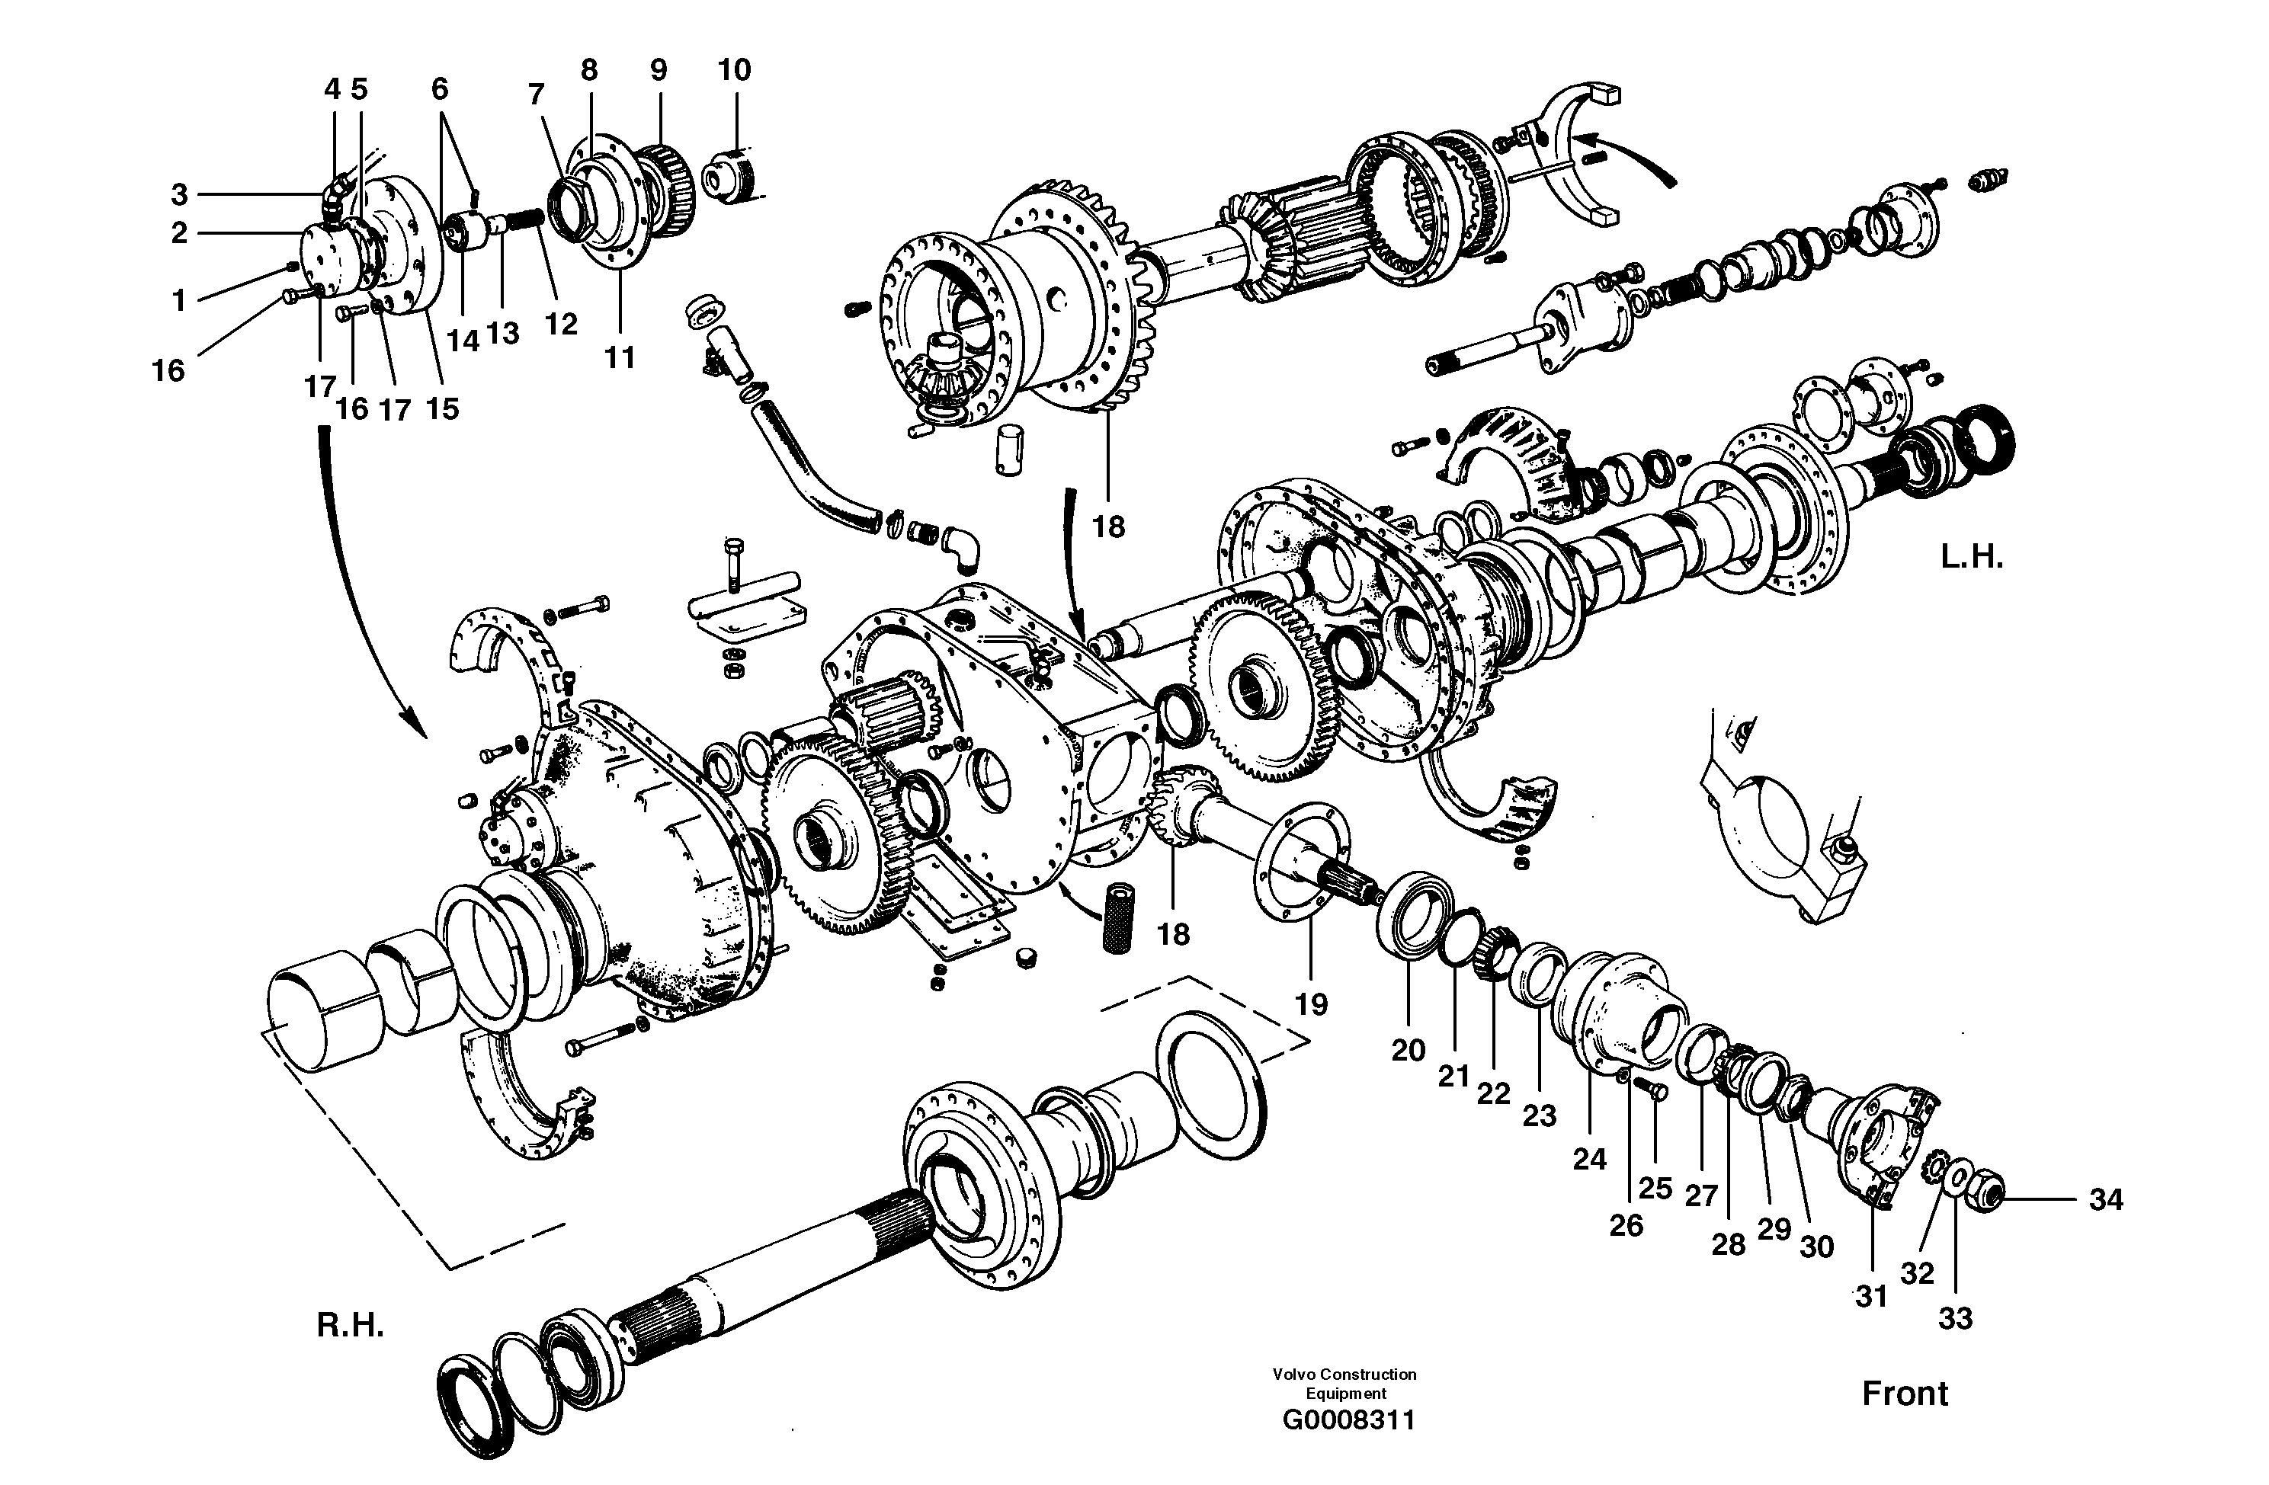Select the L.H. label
coord(1972,558)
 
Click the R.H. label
coord(350,1326)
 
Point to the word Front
coord(1905,1394)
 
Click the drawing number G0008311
coord(1348,1420)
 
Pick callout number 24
coord(1589,1159)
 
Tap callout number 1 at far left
coord(178,301)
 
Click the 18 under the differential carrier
coord(1109,526)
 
